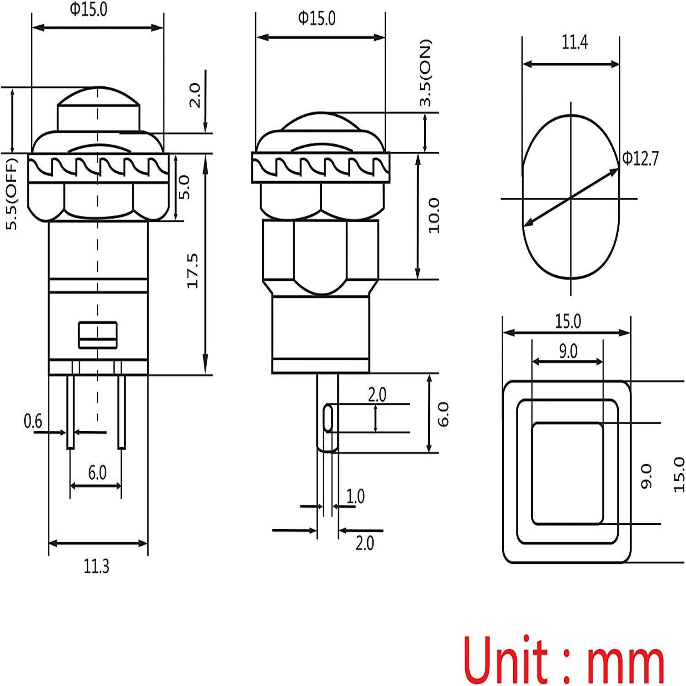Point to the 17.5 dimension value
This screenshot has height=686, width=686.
click(193, 271)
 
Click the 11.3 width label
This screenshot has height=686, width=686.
click(96, 566)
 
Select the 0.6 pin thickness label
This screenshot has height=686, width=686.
click(33, 421)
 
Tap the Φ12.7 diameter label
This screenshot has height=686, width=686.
click(640, 159)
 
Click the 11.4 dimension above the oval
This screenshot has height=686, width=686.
click(575, 42)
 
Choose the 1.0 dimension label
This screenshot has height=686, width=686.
click(355, 496)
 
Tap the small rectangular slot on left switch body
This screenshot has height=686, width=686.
click(98, 335)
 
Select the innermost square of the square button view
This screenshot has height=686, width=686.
click(567, 474)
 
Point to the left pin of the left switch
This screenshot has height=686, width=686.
click(70, 412)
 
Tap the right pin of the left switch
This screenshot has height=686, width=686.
click(121, 412)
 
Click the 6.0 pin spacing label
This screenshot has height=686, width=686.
click(97, 473)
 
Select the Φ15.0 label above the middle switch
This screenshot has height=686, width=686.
click(316, 18)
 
